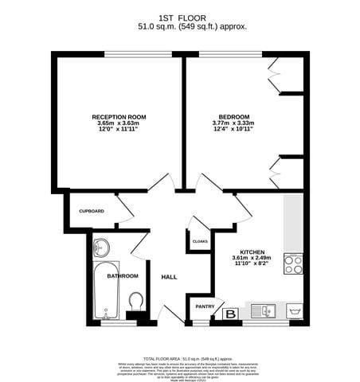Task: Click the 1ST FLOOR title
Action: point(180,16)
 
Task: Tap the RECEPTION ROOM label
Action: point(119,117)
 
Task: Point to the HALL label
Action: point(169,277)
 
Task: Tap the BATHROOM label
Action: point(123,276)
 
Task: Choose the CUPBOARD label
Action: point(92,211)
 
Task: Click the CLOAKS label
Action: point(201,240)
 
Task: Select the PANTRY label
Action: point(205,306)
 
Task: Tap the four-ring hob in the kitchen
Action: point(294,263)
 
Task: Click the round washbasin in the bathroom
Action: point(101,247)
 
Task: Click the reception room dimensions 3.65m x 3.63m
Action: point(119,123)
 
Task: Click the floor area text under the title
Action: point(180,26)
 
